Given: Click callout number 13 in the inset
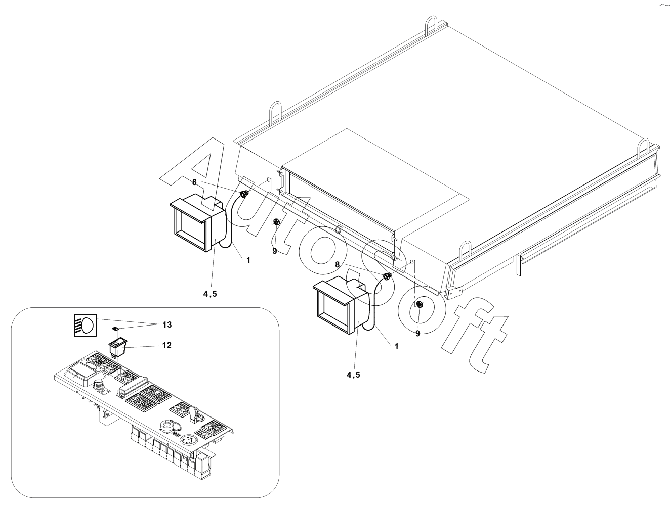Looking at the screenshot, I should [166, 324].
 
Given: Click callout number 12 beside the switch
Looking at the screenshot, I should [166, 345].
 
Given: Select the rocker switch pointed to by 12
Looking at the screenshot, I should [117, 347].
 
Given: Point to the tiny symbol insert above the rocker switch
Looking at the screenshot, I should [115, 329].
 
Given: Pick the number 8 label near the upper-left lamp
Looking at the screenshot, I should [194, 182].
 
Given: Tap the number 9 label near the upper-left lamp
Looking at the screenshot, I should [275, 250].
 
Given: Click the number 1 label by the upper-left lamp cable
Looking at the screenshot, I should [248, 260].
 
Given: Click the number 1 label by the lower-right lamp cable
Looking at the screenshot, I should [397, 346].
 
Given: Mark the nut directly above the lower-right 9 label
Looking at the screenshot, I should [419, 304].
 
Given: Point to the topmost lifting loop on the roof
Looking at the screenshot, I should [431, 25].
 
